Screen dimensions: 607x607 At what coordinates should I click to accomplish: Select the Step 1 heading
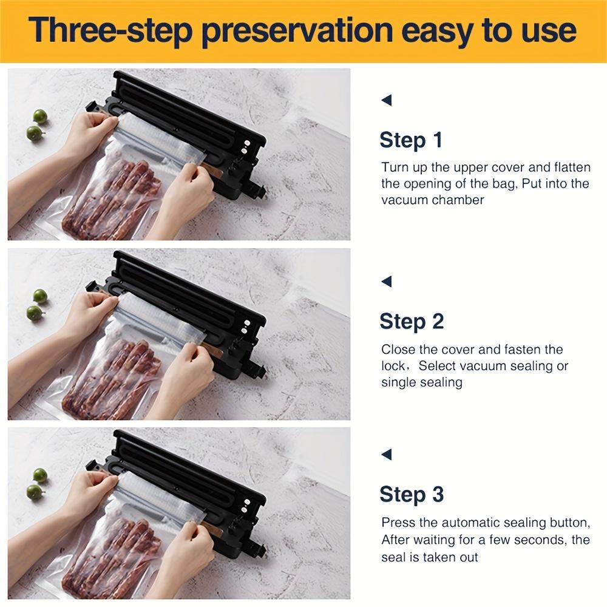[411, 140]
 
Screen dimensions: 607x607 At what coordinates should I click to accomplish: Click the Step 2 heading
[411, 321]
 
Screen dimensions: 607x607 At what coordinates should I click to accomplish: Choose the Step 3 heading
[411, 495]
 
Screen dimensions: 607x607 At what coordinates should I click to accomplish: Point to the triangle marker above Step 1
[386, 100]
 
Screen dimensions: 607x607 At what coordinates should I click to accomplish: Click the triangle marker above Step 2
[386, 281]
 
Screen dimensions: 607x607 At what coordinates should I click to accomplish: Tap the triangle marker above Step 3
[386, 454]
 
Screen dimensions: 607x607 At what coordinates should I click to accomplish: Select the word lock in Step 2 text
[393, 366]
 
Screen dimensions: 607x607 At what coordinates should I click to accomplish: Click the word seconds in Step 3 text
[532, 540]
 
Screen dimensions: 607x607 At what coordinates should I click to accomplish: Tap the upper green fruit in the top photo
[41, 116]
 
